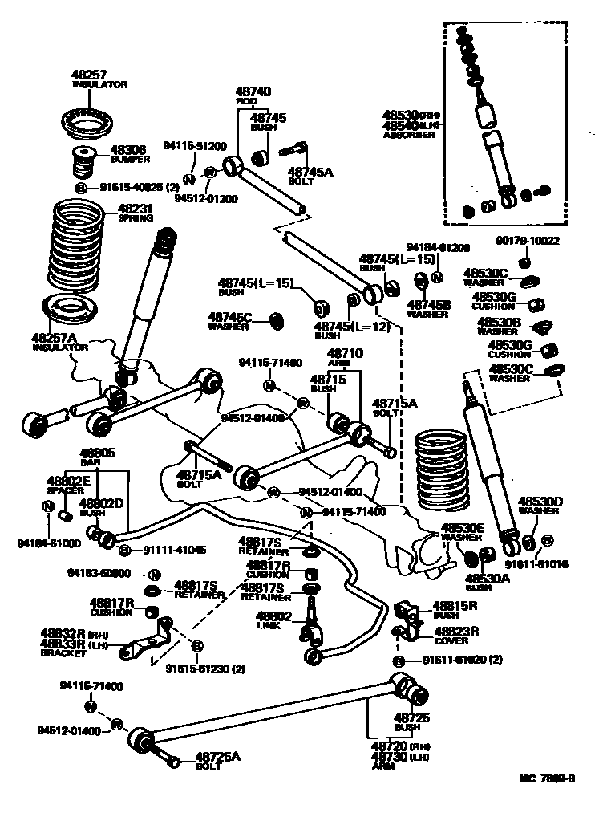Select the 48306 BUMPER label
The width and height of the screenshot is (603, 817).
click(128, 154)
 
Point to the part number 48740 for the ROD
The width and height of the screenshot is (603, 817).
click(253, 92)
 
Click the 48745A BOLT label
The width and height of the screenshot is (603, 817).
click(310, 176)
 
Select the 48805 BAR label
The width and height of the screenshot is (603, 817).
click(97, 457)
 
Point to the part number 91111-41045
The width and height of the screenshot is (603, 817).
click(174, 550)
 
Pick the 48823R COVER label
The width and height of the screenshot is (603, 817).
click(455, 635)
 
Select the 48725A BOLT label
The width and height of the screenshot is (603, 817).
click(218, 760)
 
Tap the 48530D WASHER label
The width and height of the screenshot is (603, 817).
click(540, 506)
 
